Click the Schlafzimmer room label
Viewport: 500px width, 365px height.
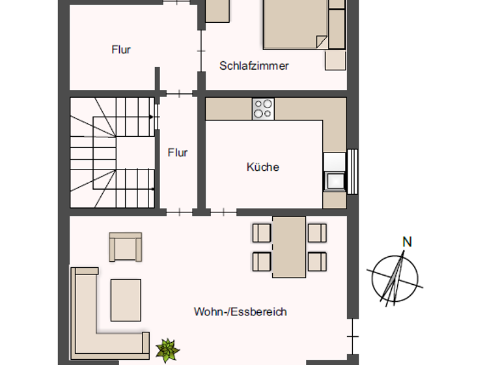point(254,66)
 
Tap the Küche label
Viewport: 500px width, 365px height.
point(263,167)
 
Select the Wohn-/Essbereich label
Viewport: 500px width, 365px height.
point(240,312)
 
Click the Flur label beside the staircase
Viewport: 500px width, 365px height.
point(178,153)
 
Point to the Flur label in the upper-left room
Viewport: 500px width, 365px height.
point(121,50)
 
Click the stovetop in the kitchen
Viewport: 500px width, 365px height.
point(263,109)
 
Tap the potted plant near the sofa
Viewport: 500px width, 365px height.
point(167,350)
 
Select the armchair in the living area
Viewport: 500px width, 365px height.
point(125,247)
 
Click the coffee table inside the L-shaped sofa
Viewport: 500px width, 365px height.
point(126,300)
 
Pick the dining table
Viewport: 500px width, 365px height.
point(289,247)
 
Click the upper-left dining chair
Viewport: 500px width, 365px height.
point(262,233)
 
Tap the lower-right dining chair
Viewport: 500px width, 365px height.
point(317,261)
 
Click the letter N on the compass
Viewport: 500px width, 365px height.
point(407,242)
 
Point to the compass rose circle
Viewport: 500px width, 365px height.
point(395,279)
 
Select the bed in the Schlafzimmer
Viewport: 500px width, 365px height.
point(296,24)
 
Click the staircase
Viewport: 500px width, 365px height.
point(112,153)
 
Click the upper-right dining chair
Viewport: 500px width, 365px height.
point(317,233)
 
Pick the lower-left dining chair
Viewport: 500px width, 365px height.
point(262,261)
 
